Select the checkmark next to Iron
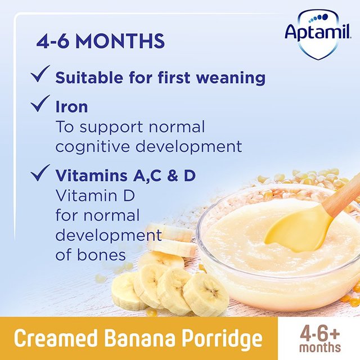pos(41,105)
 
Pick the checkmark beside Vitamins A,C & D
pos(41,174)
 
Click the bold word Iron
pos(71,107)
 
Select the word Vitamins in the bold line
pos(91,176)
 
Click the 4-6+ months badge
pos(319,339)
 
